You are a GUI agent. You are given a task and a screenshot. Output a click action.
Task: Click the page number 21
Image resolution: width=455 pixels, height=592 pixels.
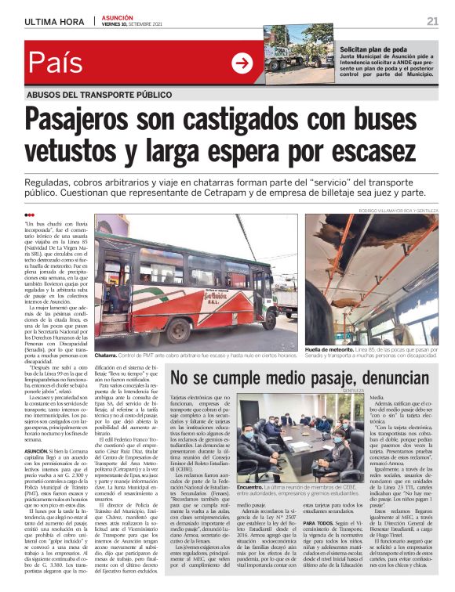point(433,20)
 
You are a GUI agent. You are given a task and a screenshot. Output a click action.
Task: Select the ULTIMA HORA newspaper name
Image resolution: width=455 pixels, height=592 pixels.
point(53,21)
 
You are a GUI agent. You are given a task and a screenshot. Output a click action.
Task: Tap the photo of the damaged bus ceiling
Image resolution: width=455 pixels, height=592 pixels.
point(372,279)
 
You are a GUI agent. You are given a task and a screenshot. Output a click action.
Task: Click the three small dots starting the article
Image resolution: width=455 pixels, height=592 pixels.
point(29,215)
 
